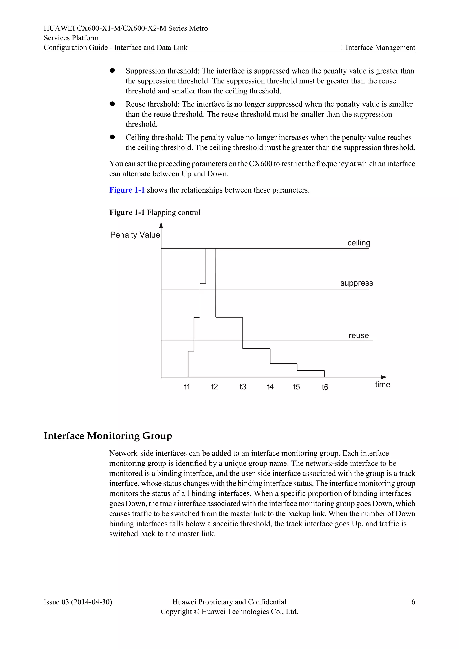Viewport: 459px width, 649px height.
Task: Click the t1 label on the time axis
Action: pos(187,387)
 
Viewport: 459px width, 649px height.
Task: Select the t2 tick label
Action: pos(214,387)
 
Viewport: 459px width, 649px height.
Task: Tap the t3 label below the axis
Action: pos(243,387)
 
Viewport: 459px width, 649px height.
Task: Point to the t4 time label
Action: pos(270,387)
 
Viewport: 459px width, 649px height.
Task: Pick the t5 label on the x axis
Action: pos(296,387)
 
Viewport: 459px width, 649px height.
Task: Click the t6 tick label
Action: pos(325,387)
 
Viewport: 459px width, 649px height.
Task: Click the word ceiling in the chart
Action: pos(358,243)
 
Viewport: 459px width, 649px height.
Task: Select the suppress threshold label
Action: pos(356,283)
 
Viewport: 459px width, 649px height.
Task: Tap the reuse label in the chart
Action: pos(358,335)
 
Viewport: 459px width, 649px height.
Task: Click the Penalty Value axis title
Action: pos(135,235)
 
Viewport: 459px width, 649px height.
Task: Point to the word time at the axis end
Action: pos(382,385)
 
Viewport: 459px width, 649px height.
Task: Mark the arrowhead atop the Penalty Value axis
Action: pos(161,225)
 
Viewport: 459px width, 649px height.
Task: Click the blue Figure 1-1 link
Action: pos(127,190)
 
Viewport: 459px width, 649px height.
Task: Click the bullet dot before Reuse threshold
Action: pos(112,104)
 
